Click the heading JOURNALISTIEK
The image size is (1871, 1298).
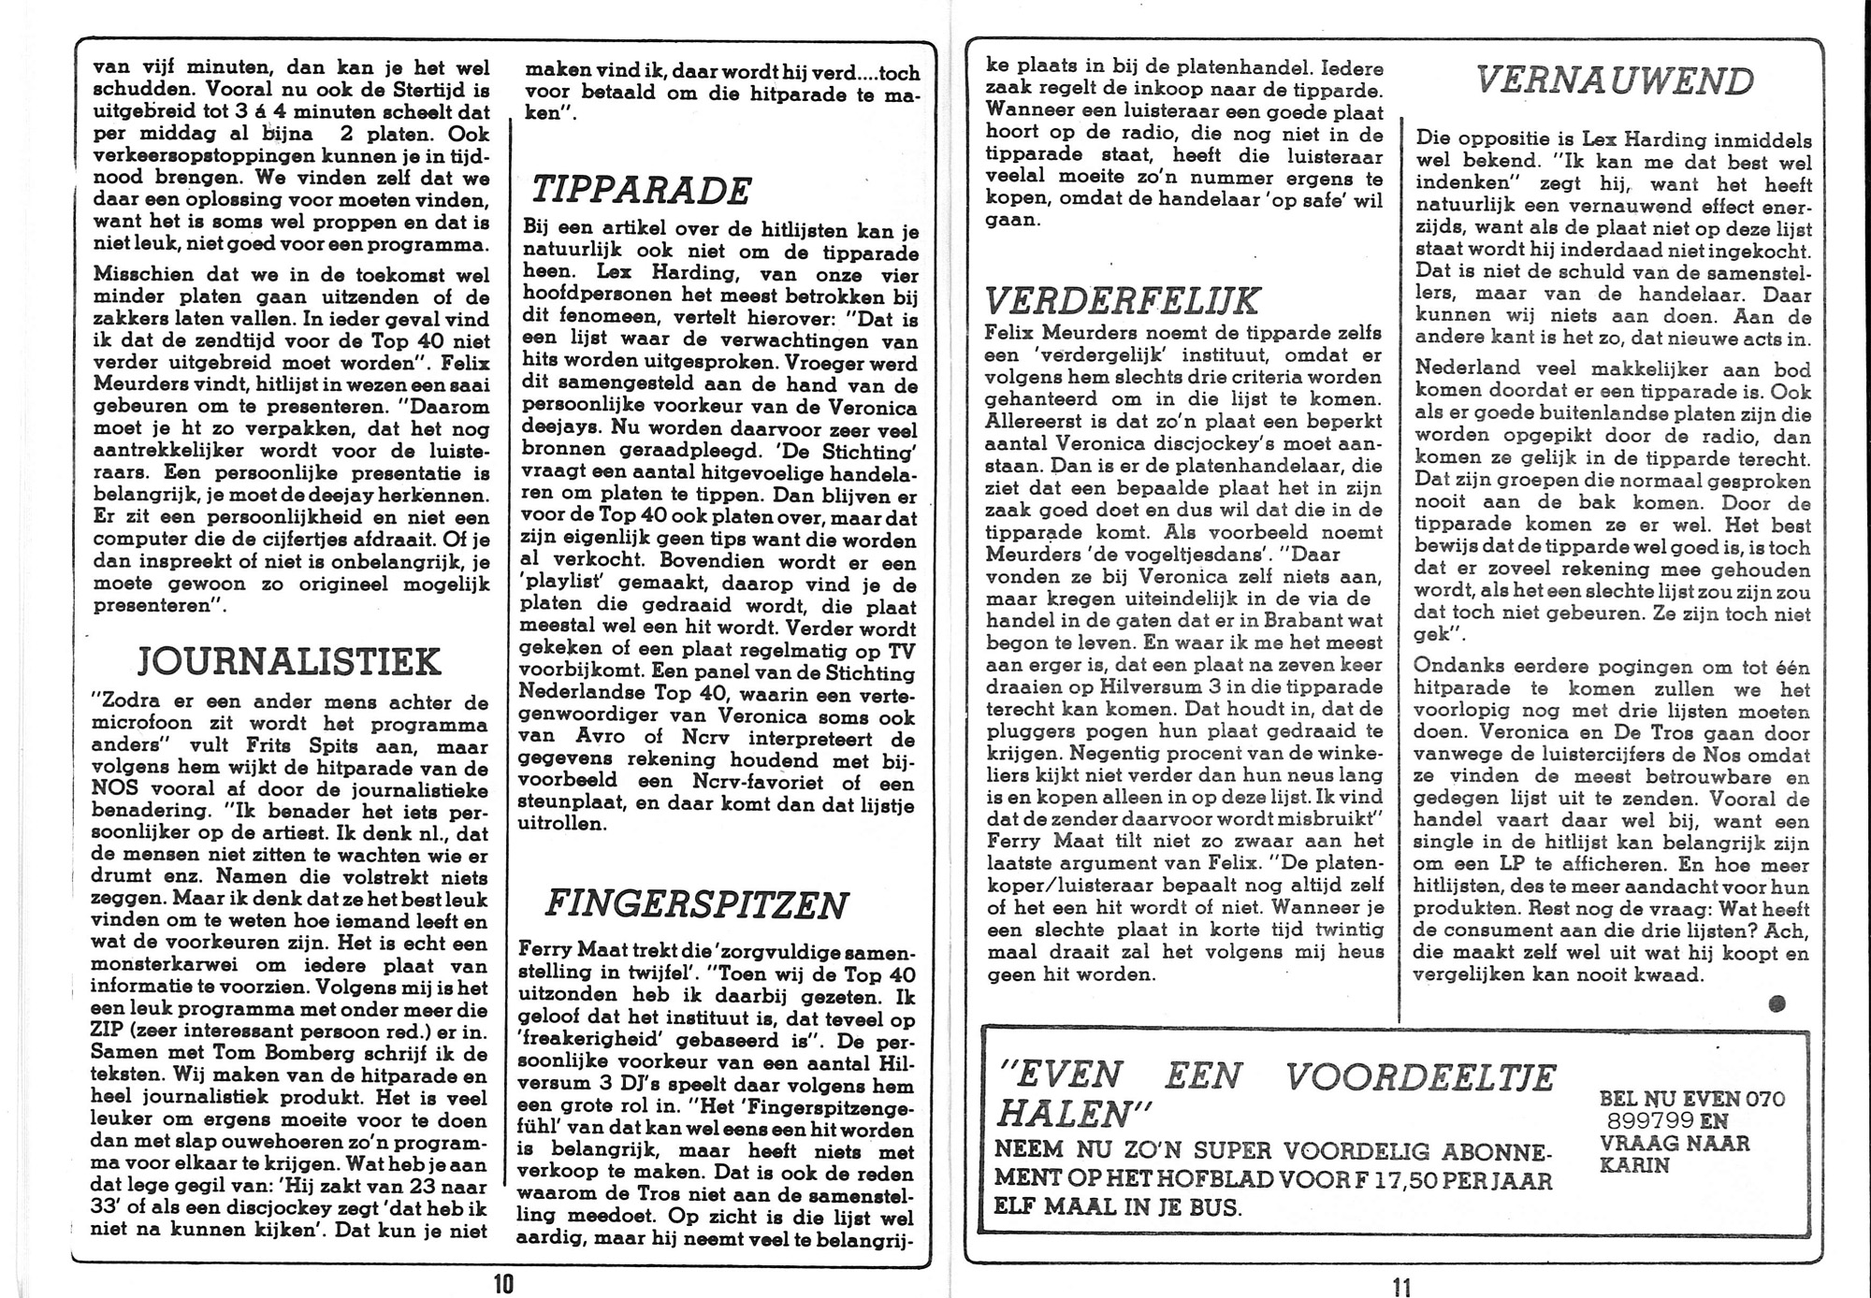click(288, 661)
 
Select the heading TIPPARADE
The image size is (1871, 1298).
click(642, 191)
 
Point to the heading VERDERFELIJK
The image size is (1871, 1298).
click(1123, 301)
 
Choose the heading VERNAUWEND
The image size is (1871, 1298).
click(1615, 81)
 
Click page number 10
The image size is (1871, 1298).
click(503, 1284)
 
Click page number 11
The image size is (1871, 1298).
click(1400, 1287)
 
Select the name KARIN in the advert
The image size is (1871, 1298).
click(1634, 1166)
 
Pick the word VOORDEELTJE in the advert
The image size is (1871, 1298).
click(1419, 1077)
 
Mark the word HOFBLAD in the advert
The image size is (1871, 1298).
click(1196, 1180)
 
